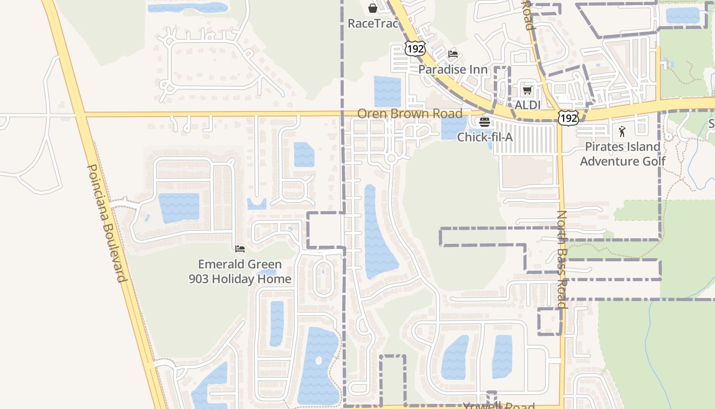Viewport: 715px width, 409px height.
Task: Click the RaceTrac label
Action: [372, 23]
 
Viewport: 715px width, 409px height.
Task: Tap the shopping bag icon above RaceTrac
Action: [373, 8]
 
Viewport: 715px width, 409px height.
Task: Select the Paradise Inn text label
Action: [453, 69]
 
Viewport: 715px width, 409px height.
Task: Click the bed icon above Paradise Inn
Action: [452, 54]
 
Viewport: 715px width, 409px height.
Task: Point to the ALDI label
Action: [528, 105]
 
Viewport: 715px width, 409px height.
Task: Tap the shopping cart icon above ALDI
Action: [527, 90]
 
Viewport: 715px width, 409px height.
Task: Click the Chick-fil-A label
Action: [485, 137]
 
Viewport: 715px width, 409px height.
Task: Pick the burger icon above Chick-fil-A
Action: [484, 122]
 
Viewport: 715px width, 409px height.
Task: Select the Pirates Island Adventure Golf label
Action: [623, 154]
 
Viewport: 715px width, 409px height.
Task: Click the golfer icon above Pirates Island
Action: [622, 131]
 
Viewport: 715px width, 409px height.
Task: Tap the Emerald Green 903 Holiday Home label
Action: [240, 271]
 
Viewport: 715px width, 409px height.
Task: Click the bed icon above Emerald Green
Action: [240, 249]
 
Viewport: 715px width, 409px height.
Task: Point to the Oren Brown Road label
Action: [410, 113]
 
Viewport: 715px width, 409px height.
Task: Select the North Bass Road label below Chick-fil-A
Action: [562, 259]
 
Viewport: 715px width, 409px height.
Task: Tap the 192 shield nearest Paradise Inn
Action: [415, 49]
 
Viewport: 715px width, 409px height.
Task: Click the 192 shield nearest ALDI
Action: [568, 118]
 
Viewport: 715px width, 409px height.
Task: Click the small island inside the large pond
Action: [319, 360]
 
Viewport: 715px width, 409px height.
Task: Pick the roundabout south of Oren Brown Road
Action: [392, 158]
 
